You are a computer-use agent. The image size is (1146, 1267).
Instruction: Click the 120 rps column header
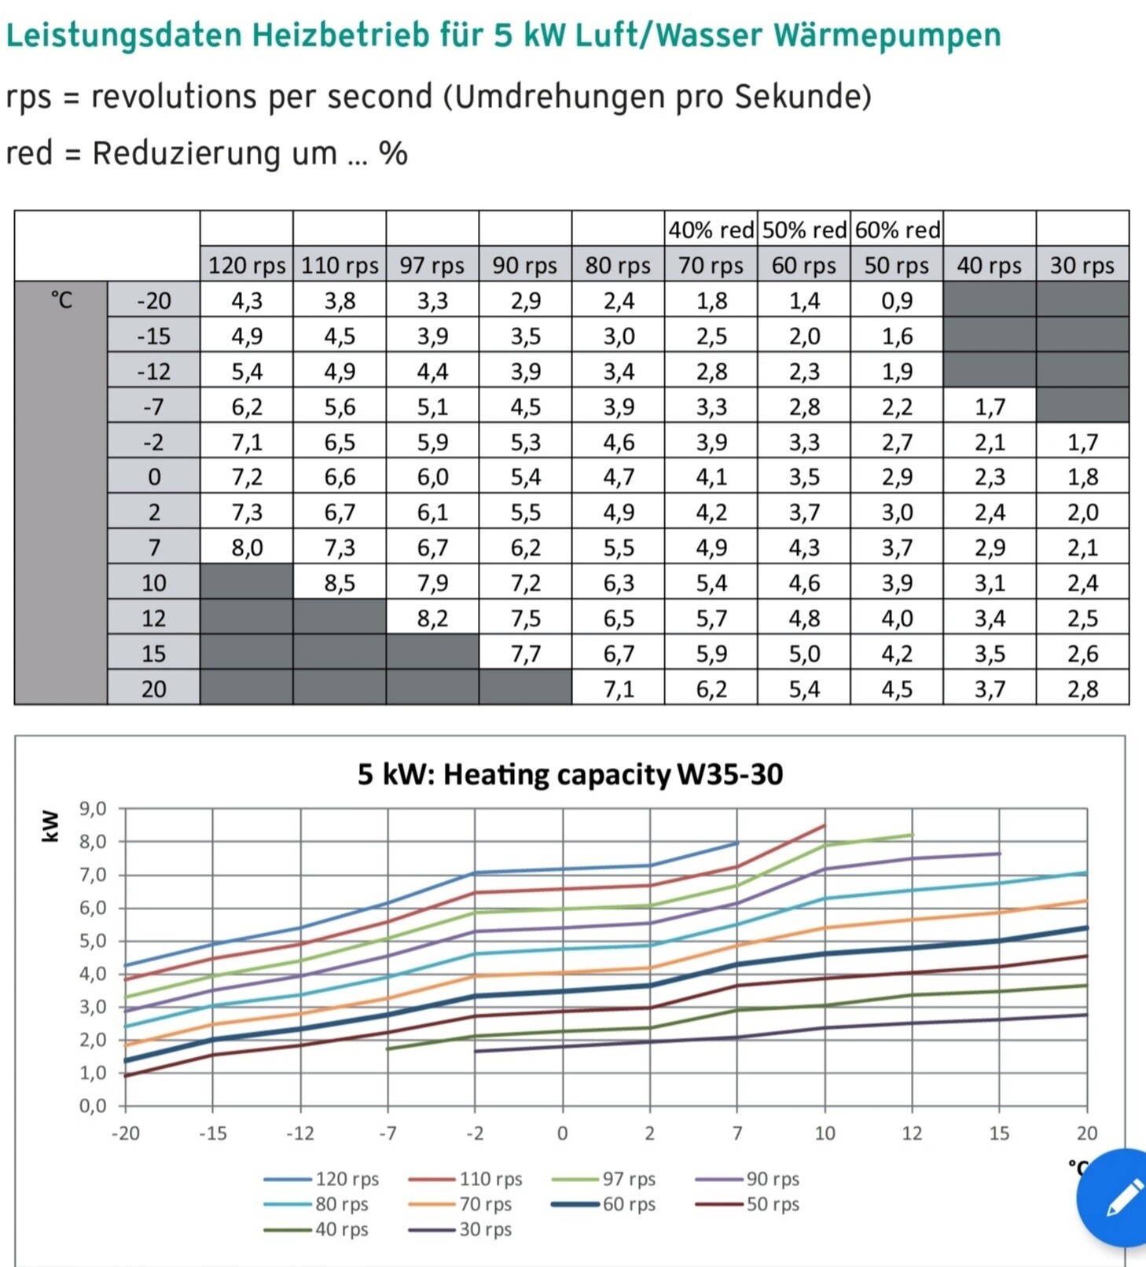coord(247,266)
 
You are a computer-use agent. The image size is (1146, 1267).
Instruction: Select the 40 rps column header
coord(989,266)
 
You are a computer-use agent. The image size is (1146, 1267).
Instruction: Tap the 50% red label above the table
coord(804,230)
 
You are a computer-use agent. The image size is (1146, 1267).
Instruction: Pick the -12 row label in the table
coord(153,371)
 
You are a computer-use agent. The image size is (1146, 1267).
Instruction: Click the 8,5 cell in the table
coord(340,583)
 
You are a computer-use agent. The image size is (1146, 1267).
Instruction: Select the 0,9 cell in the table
coord(897,301)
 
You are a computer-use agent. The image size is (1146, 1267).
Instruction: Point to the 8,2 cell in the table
coord(432,619)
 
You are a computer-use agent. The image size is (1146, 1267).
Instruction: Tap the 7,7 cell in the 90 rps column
coord(525,654)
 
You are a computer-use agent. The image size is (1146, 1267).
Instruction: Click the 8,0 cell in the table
coord(247,548)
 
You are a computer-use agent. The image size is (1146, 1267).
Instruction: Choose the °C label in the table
coord(61,300)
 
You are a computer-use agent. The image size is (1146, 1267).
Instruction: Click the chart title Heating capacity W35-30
coord(570,775)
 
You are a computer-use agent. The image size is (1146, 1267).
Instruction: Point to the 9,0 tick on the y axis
coord(93,809)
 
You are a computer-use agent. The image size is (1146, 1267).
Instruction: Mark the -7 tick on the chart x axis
coord(388,1133)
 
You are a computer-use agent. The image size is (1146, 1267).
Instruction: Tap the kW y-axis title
coord(50,826)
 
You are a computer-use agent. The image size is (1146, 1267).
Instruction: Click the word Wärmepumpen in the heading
coord(887,35)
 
